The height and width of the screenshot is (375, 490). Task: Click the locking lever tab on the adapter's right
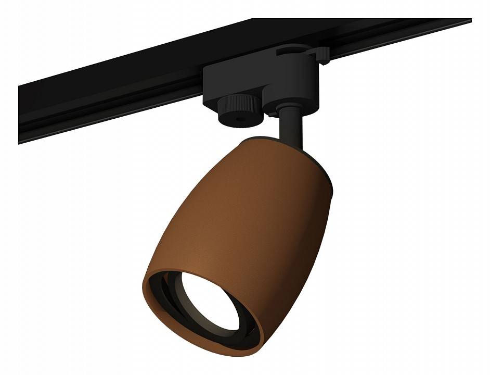point(319,54)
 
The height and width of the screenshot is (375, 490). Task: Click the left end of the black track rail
point(23,120)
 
